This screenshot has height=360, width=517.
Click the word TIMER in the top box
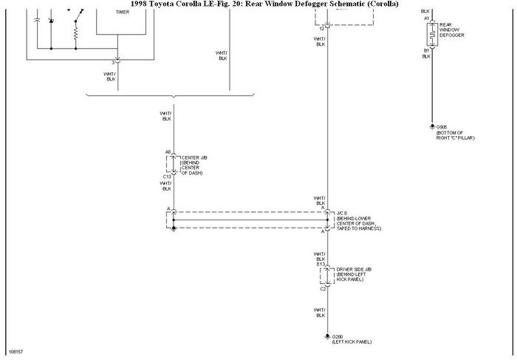click(x=122, y=13)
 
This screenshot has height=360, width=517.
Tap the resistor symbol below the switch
click(x=76, y=33)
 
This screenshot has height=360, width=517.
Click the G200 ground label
click(x=337, y=336)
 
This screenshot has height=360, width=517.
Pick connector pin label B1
click(x=426, y=50)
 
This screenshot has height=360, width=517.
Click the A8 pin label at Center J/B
click(x=168, y=153)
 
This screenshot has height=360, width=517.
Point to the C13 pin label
click(x=168, y=177)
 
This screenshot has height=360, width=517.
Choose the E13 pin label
click(x=321, y=264)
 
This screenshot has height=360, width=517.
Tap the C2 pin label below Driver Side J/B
click(x=323, y=288)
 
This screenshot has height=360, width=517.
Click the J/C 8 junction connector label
click(x=342, y=214)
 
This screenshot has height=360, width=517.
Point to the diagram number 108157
click(x=16, y=352)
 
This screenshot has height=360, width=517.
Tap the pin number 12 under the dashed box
click(x=321, y=27)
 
